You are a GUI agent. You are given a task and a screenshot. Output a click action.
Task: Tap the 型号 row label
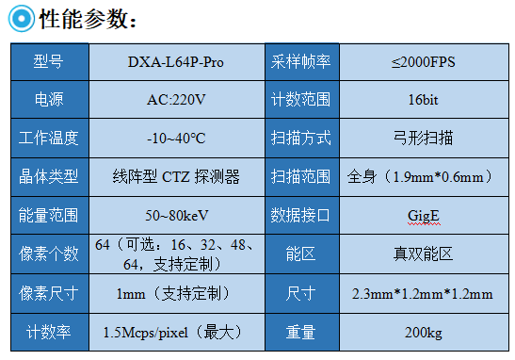point(48,62)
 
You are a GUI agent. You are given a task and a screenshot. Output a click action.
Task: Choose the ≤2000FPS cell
point(422,62)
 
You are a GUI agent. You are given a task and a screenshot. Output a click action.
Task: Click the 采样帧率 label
point(301,62)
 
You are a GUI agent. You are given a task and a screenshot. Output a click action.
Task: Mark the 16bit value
point(422,100)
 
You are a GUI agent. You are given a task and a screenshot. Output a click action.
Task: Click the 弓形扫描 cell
point(422,139)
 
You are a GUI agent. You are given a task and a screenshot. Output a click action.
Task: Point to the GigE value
point(422,215)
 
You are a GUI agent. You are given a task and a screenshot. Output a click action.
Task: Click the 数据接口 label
point(301,215)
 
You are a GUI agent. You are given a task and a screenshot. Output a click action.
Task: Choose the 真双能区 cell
point(422,254)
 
